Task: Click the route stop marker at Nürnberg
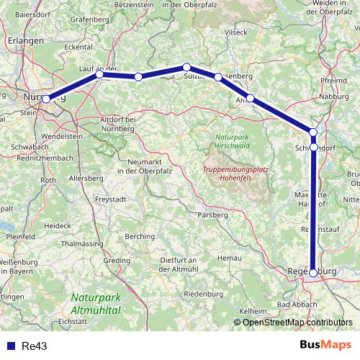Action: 46,99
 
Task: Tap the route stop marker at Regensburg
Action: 313,273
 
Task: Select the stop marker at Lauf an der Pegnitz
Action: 100,74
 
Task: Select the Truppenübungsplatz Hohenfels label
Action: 232,174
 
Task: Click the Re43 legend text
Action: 34,346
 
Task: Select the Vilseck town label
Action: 235,32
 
